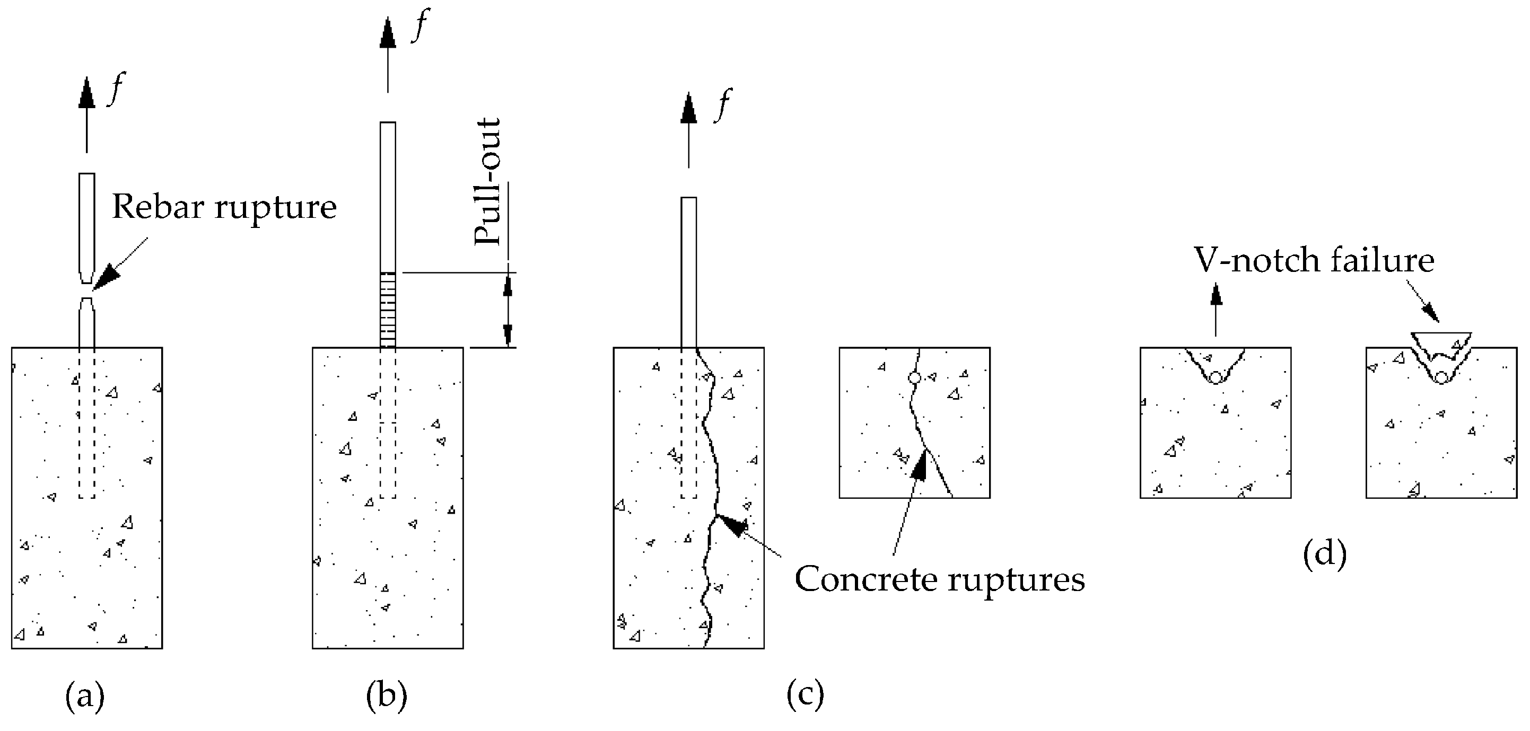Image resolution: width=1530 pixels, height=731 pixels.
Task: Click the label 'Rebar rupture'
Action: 224,207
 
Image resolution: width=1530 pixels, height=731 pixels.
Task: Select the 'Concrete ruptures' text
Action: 940,579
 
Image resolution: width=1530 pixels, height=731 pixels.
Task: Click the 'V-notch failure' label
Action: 1314,260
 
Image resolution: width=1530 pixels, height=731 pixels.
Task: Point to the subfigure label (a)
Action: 85,695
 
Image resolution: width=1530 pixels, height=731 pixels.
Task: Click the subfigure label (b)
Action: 387,695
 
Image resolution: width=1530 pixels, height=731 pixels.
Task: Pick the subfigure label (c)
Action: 806,695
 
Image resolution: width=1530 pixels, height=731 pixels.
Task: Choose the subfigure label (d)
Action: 1324,554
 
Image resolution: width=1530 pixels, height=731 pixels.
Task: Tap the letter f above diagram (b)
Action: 421,25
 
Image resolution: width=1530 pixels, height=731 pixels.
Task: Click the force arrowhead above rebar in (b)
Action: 388,33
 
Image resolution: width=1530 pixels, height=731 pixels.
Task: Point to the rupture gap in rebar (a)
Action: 87,291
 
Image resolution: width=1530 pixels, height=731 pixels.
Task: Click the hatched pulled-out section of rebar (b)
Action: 388,310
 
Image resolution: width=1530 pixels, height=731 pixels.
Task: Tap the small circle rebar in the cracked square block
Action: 915,377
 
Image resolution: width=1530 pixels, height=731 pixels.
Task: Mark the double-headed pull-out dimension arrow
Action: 508,310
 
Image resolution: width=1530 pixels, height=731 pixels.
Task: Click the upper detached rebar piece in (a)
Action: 87,226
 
